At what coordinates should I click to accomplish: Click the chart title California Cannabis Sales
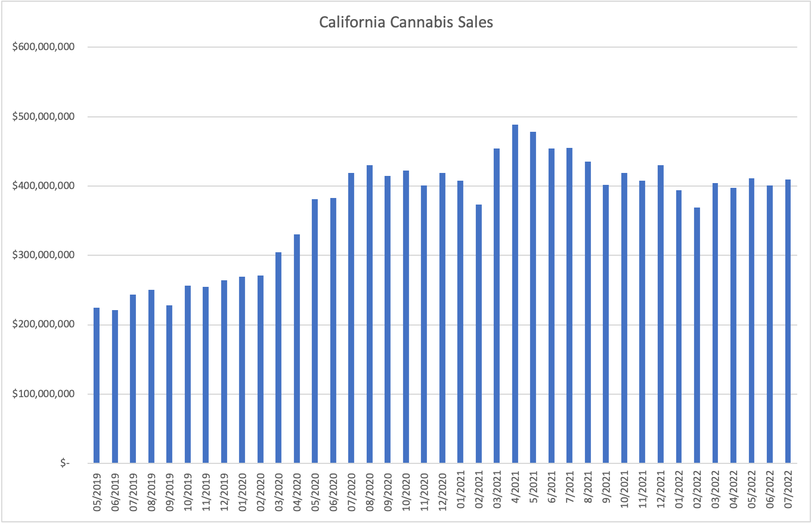click(x=406, y=23)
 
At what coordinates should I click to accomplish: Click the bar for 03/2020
click(x=278, y=358)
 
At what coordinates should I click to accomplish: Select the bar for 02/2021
click(x=479, y=334)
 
